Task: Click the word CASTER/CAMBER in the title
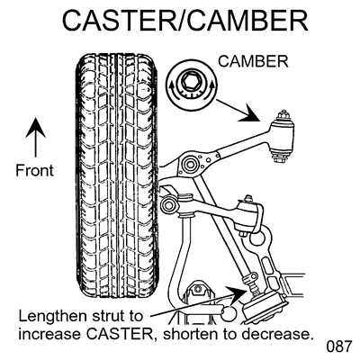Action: [180, 22]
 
